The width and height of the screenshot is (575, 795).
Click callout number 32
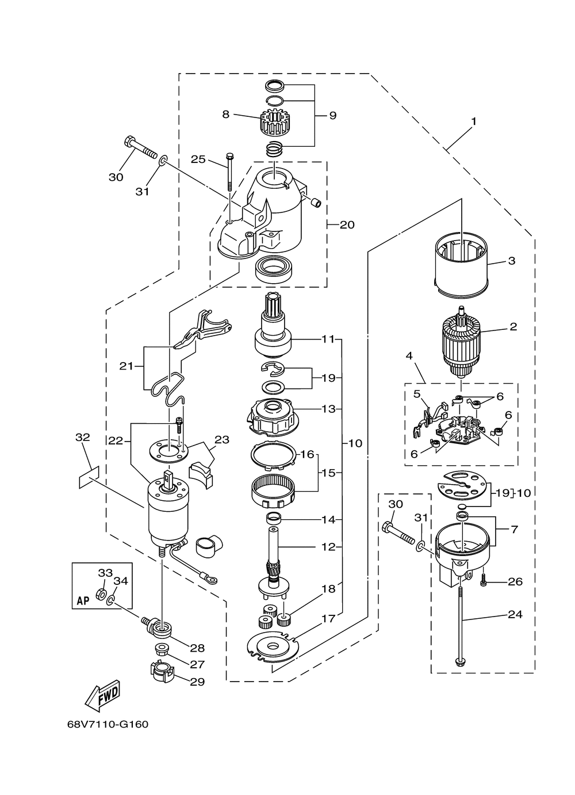click(83, 438)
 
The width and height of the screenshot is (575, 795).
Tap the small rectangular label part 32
click(89, 477)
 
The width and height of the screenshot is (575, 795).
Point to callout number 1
click(474, 121)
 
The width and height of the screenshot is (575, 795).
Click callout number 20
click(347, 225)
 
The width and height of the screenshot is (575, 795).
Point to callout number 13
click(328, 409)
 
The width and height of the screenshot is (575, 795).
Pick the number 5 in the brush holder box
click(416, 394)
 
